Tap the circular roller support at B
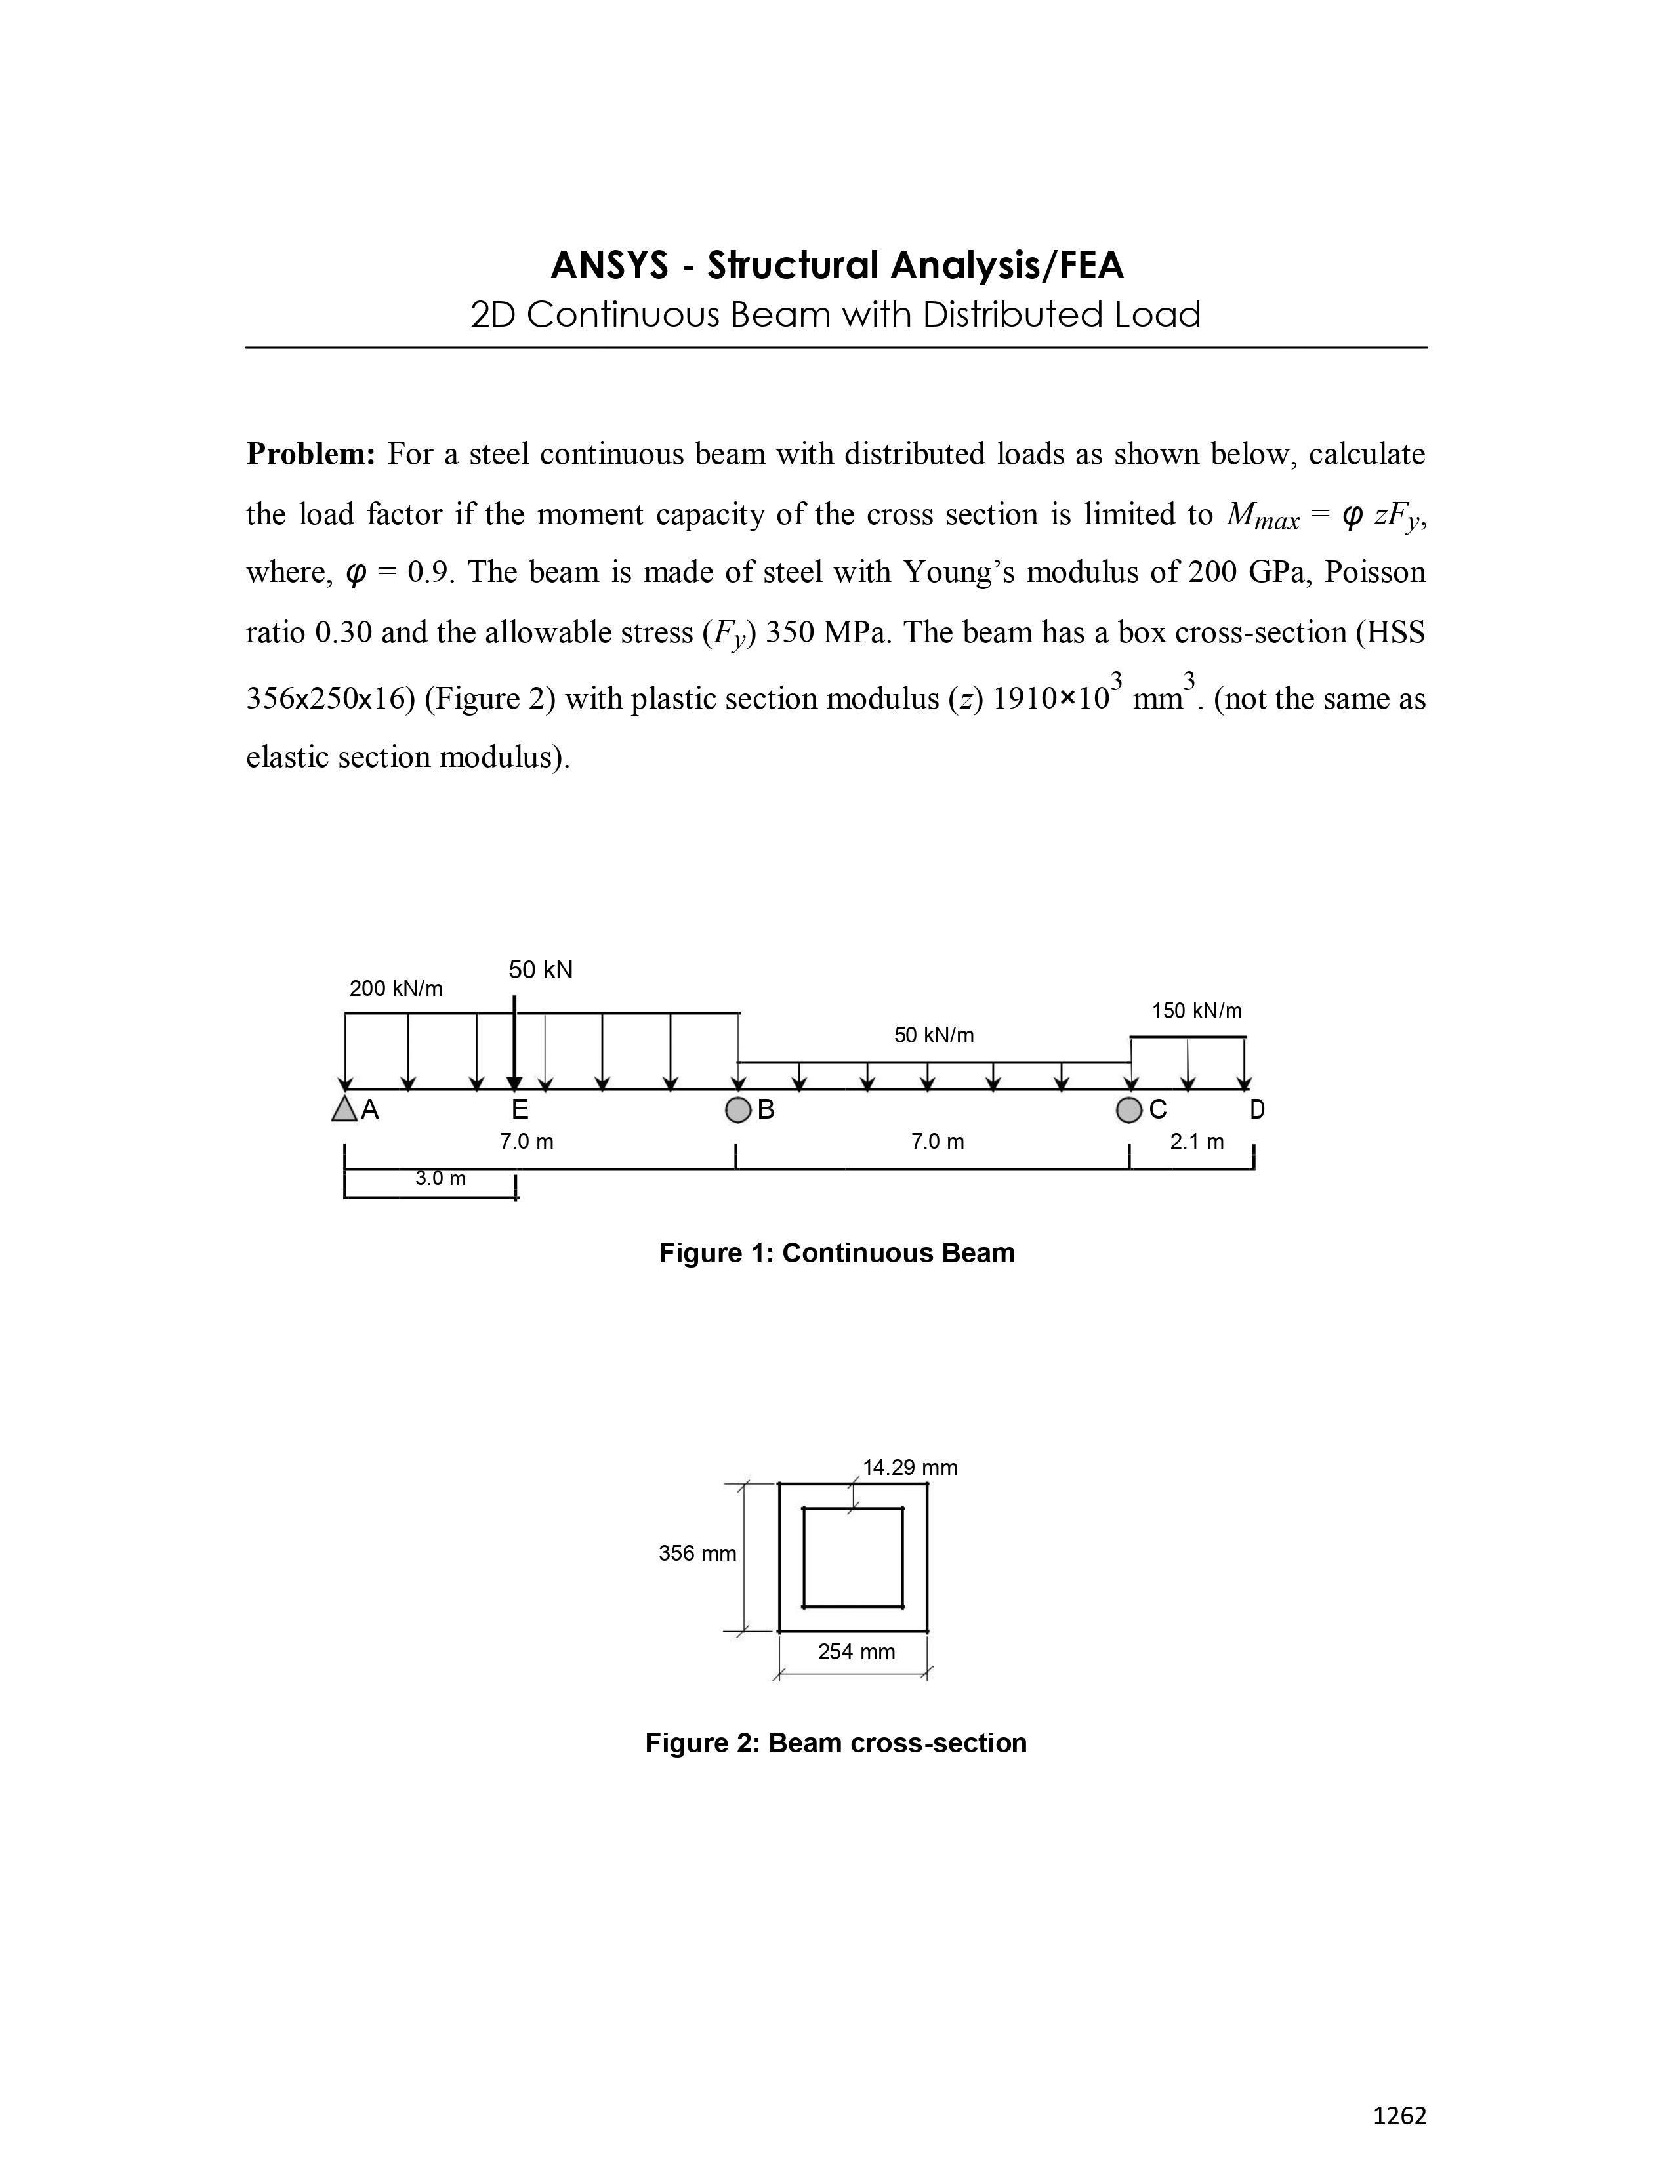point(737,1110)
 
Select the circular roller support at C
point(1129,1110)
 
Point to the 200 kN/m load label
point(396,988)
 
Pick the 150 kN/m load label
point(1196,1011)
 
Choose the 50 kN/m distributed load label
point(934,1035)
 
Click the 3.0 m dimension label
point(440,1179)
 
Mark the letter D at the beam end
point(1257,1109)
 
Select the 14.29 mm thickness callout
point(910,1467)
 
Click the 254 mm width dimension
point(856,1651)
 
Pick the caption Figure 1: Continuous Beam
point(837,1253)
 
